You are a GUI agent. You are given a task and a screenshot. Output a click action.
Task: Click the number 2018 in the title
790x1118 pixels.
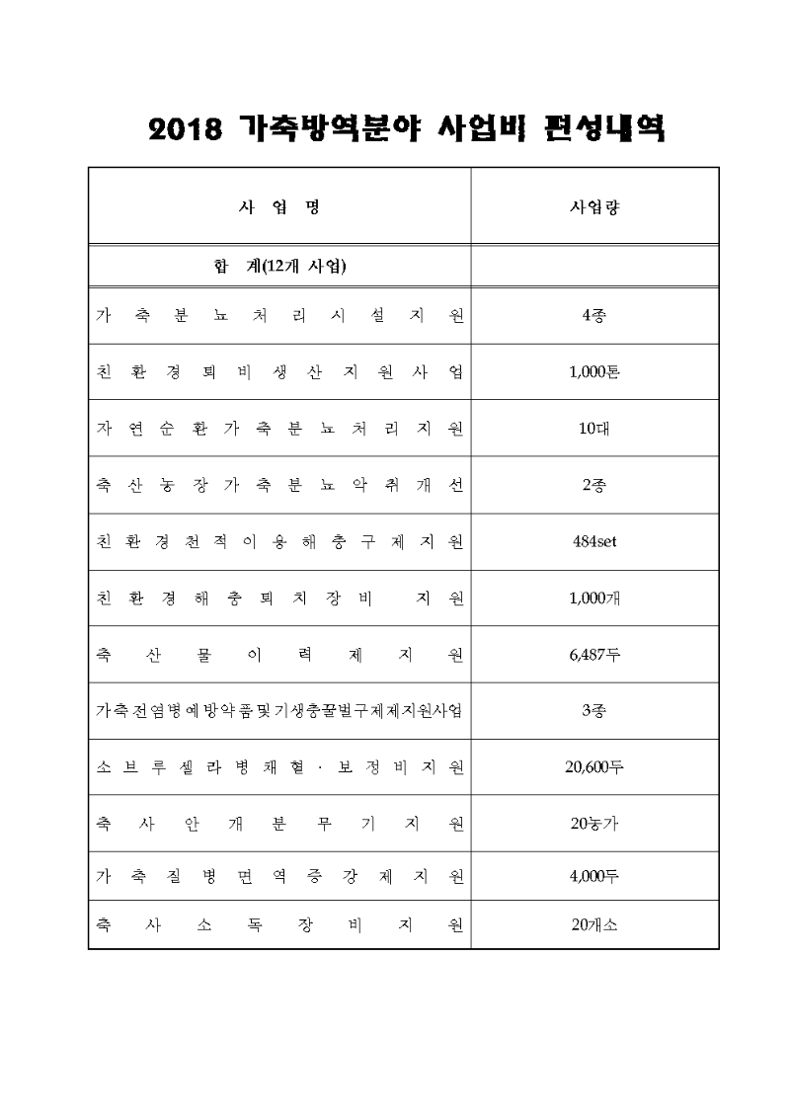184,129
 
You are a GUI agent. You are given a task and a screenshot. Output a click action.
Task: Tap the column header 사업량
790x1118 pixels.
594,208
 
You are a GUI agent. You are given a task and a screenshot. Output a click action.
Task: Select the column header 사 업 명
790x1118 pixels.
279,208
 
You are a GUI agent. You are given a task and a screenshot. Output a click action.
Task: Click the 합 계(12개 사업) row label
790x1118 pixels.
279,266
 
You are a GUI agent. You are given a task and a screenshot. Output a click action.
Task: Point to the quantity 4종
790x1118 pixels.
594,316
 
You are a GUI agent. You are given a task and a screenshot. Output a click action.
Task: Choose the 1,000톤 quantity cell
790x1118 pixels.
594,372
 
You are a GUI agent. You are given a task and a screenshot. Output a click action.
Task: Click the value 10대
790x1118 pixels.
594,429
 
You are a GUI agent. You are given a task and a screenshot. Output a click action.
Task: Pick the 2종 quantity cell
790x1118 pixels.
594,485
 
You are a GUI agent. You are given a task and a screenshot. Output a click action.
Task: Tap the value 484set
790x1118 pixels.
594,541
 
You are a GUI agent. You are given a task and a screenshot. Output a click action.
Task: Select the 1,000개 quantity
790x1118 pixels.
594,598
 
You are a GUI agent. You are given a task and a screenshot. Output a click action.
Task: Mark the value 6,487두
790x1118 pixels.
594,654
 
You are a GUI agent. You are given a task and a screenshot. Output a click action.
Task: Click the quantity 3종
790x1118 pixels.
594,710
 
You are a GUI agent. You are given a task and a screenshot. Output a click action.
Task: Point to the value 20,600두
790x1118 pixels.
594,767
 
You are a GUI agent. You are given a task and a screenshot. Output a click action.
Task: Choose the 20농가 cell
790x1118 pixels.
594,824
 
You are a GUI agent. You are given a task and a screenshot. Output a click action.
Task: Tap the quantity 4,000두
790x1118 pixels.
594,875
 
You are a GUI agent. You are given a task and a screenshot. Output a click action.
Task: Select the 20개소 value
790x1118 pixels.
594,925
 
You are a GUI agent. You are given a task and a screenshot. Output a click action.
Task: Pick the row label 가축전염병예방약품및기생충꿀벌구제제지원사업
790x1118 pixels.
279,711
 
